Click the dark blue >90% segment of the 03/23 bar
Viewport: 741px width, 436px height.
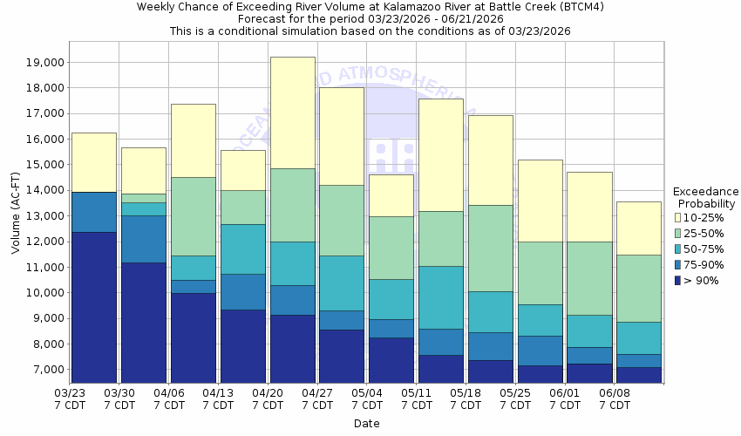click(x=94, y=307)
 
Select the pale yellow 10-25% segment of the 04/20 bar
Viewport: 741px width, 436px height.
click(x=292, y=112)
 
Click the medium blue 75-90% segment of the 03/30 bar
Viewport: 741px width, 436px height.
click(x=144, y=239)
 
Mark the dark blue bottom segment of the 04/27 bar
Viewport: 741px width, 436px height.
click(x=342, y=356)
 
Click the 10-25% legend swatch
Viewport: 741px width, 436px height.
click(x=678, y=217)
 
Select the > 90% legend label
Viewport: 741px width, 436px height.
click(x=701, y=280)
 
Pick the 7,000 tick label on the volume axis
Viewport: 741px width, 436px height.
click(x=43, y=370)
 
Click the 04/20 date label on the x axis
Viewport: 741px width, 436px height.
click(x=269, y=399)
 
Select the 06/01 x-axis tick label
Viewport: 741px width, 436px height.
click(x=566, y=399)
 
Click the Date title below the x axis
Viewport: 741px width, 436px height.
click(x=366, y=424)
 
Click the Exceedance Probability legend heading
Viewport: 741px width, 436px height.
click(x=705, y=198)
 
